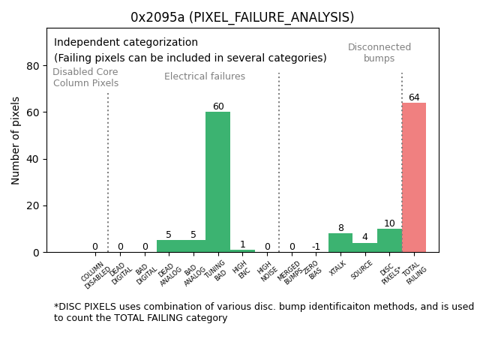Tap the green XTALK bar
tap(340, 243)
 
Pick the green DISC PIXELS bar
tap(389, 241)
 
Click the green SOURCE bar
tap(365, 247)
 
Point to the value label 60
tap(218, 106)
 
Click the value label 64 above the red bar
tap(414, 97)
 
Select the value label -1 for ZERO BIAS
tap(316, 247)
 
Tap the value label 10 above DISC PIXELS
tap(389, 223)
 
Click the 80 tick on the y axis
tap(34, 66)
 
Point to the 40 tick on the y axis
tap(34, 159)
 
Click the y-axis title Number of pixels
tap(16, 140)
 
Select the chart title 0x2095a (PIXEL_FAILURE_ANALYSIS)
tap(242, 17)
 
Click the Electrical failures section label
tap(205, 76)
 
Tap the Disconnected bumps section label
tap(379, 52)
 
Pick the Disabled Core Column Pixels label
tap(85, 77)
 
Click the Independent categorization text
tap(126, 43)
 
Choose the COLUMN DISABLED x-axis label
tap(94, 274)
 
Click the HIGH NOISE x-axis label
tap(266, 271)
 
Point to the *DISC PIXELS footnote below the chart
tap(263, 312)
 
